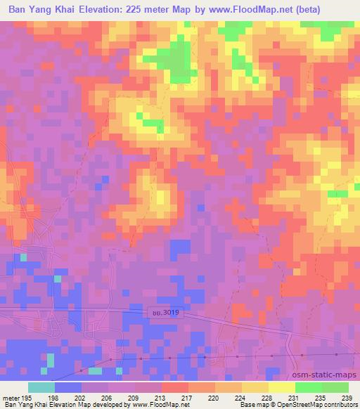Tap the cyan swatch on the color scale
click(41, 387)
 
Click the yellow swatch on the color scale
click(282, 387)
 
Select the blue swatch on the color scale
click(68, 387)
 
